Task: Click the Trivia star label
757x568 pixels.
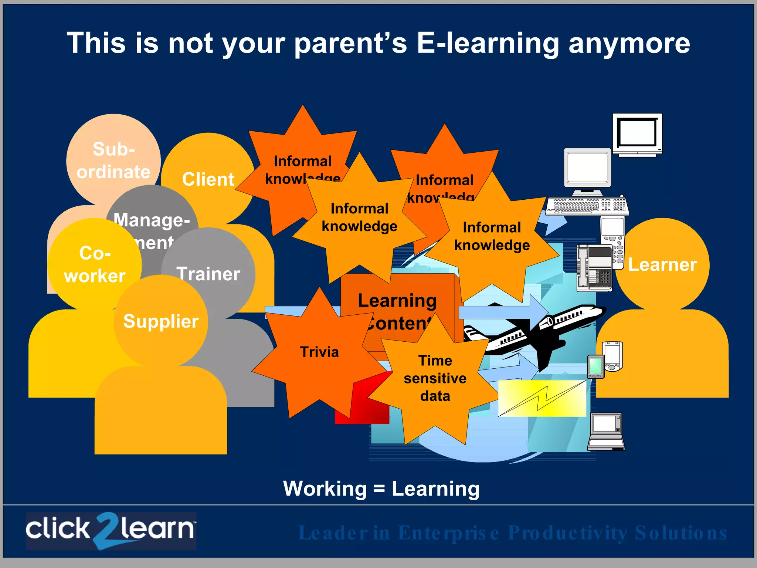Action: pyautogui.click(x=319, y=352)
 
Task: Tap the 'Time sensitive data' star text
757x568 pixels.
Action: pyautogui.click(x=435, y=378)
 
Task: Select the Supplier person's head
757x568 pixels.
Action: pyautogui.click(x=161, y=321)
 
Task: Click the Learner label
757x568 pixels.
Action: pyautogui.click(x=662, y=265)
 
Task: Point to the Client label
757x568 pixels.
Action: pyautogui.click(x=208, y=179)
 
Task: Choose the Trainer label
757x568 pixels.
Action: pyautogui.click(x=208, y=274)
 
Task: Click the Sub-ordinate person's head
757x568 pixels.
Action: pyautogui.click(x=113, y=160)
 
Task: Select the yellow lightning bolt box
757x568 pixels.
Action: pyautogui.click(x=542, y=398)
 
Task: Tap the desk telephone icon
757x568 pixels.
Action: pyautogui.click(x=594, y=268)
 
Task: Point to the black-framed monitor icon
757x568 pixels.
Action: pyautogui.click(x=637, y=134)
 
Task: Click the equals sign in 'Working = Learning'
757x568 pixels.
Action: pyautogui.click(x=379, y=489)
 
